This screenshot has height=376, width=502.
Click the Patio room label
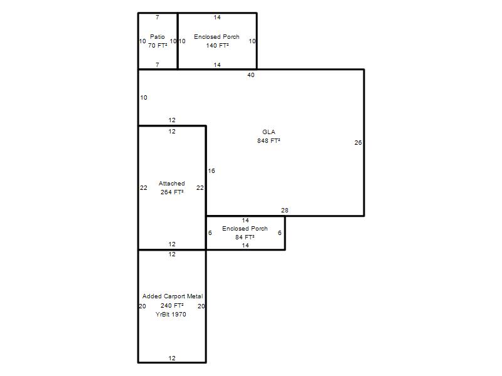158,37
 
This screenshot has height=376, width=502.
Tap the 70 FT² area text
158,45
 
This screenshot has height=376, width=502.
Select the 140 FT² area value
217,45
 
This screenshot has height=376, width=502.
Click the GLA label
269,132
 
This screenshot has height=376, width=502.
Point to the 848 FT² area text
269,140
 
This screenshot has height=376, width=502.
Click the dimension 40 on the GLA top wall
251,75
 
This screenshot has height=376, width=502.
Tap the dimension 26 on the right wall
358,143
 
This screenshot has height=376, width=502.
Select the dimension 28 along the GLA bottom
285,210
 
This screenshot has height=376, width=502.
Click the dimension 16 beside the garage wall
211,170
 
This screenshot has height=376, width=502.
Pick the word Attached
171,183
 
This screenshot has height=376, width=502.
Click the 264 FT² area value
172,192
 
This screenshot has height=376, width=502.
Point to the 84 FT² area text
245,238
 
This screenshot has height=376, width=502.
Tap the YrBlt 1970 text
171,315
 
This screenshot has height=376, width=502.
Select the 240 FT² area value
172,306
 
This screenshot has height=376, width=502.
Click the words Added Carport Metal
173,296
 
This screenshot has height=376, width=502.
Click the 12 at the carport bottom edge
172,358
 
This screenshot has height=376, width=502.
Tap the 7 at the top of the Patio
158,18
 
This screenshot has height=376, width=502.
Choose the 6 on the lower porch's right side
279,232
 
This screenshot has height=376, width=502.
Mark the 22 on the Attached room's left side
144,187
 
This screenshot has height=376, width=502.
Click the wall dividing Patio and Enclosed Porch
178,41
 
